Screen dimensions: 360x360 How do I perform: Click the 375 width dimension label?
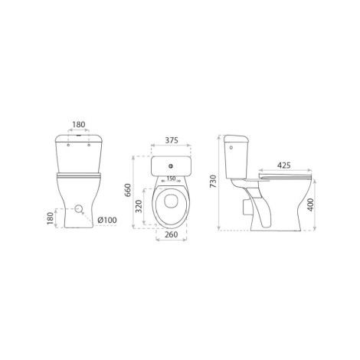(172, 140)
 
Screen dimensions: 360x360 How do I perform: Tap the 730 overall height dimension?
(213, 182)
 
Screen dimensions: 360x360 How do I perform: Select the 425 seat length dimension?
(283, 165)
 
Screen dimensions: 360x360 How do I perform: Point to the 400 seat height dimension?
(310, 205)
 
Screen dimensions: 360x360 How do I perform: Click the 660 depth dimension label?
(127, 190)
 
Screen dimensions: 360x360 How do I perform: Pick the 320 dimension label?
(139, 206)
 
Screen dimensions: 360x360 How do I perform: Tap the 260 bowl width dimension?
(171, 234)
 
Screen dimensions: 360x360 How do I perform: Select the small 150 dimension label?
(171, 178)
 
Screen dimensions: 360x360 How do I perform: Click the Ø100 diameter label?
(107, 220)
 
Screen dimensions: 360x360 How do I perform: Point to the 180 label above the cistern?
(79, 125)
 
